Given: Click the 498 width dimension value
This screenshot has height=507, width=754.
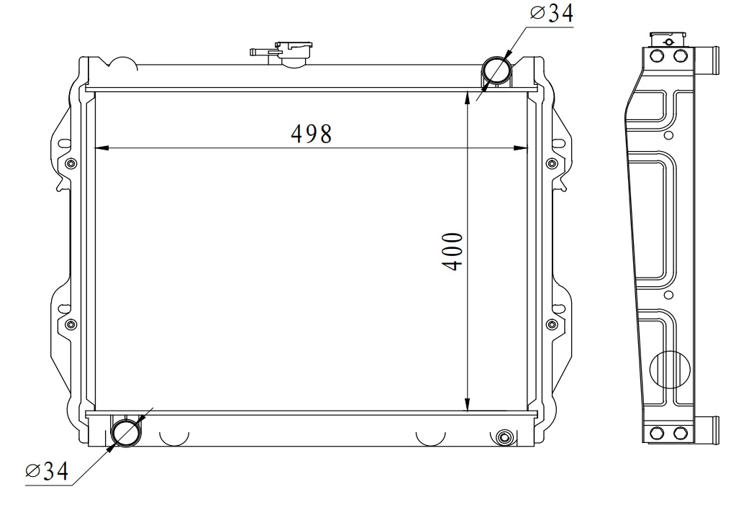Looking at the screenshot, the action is [x=311, y=134].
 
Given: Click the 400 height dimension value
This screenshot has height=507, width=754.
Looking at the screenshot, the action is [x=453, y=251].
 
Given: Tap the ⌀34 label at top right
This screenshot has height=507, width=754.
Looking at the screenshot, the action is [x=552, y=13].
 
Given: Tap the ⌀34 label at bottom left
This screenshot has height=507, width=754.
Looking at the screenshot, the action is [x=47, y=472].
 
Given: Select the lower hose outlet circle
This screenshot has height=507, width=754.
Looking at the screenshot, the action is [x=126, y=431].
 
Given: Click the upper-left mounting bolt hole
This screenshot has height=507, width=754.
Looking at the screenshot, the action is [x=71, y=163].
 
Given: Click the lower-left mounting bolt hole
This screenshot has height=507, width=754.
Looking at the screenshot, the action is [x=71, y=324].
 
